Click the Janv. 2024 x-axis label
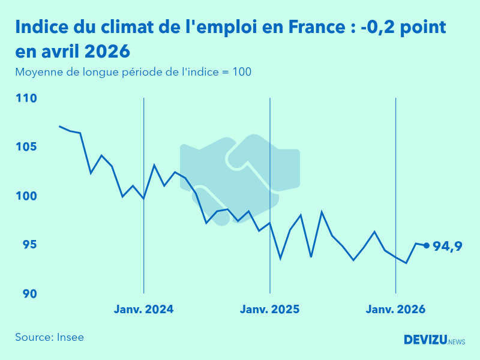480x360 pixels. click(144, 310)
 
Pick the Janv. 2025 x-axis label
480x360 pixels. click(270, 310)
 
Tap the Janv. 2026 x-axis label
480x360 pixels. click(396, 310)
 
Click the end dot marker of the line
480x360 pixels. click(427, 245)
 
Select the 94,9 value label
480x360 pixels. click(447, 245)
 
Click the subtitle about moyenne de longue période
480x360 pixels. click(133, 72)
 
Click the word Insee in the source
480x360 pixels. click(70, 337)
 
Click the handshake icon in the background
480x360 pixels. click(240, 174)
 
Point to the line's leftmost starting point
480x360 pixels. click(59, 126)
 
